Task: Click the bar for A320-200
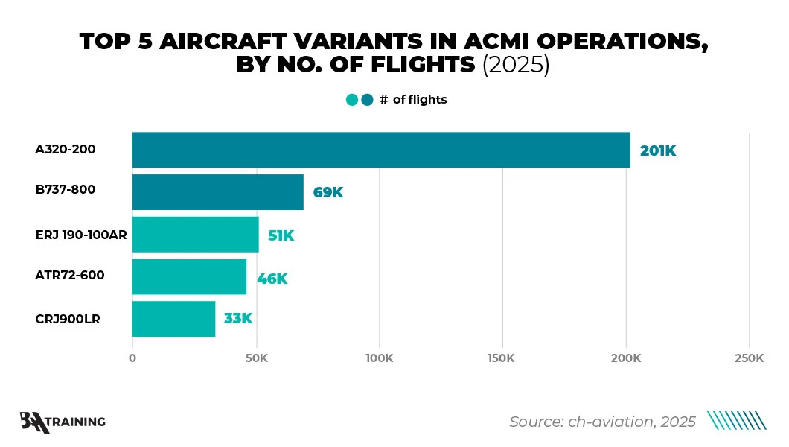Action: [x=381, y=150]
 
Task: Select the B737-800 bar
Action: [x=218, y=192]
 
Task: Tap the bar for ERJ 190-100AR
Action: [x=196, y=235]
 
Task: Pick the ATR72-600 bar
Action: [x=189, y=277]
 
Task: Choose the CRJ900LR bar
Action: [x=174, y=319]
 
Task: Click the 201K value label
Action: [x=657, y=150]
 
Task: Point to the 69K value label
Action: [x=328, y=193]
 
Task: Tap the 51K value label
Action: [x=281, y=235]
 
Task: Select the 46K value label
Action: [x=272, y=279]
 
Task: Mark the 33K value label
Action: [x=238, y=319]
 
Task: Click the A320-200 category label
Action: [x=66, y=149]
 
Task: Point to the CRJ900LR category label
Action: [x=68, y=319]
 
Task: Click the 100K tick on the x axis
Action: [x=379, y=358]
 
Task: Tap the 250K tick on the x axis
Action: [x=749, y=358]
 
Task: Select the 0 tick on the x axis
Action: [x=132, y=358]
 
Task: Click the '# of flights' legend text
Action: [x=413, y=99]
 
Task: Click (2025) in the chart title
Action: [x=516, y=65]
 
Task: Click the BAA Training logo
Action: [x=63, y=422]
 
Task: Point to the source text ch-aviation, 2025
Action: [x=602, y=422]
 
